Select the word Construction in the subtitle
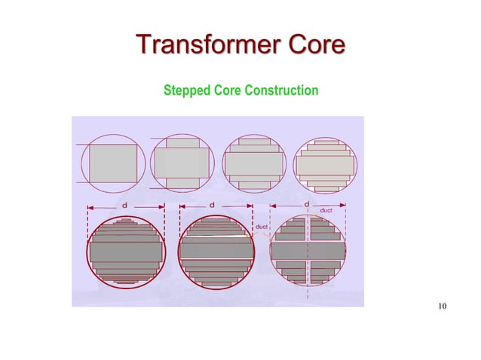[280, 91]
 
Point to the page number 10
[442, 306]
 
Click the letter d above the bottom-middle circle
[213, 205]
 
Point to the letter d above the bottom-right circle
[306, 204]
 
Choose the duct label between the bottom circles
[261, 226]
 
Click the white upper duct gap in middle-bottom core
[216, 237]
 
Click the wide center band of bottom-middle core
[216, 249]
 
